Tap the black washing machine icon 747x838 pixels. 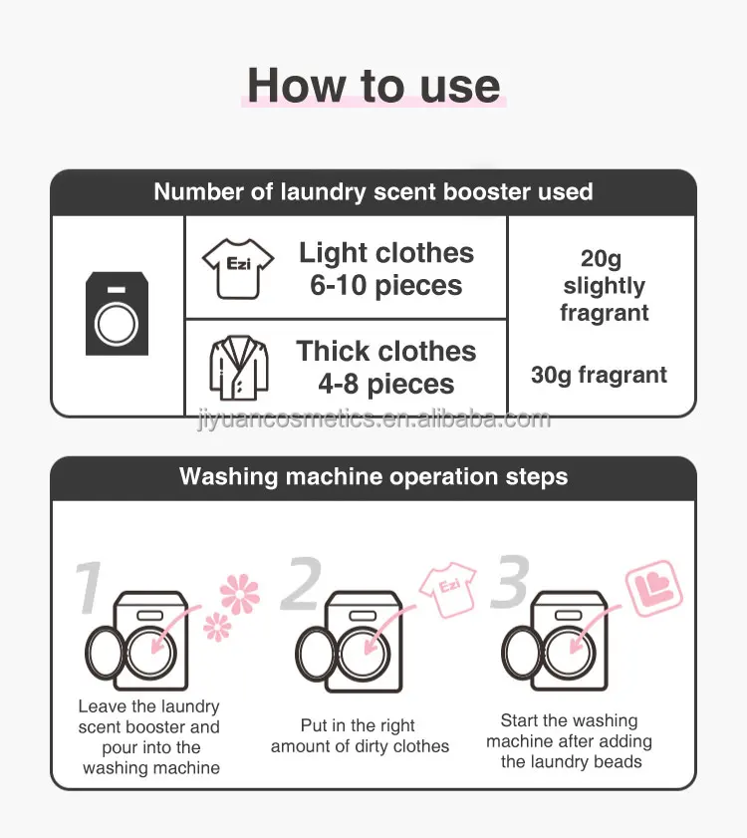118,314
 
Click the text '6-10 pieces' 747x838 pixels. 386,286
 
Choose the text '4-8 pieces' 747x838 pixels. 386,385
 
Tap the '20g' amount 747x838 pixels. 601,259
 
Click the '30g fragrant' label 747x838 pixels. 599,376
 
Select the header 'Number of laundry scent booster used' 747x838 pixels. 373,192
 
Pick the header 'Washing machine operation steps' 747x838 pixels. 373,476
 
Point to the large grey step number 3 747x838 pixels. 509,584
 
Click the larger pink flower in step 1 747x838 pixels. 239,594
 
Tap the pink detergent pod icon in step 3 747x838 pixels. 652,589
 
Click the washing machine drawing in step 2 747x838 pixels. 351,642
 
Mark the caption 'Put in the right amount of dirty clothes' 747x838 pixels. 360,736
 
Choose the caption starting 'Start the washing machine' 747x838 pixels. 570,740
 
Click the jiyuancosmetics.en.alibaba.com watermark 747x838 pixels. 373,419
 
